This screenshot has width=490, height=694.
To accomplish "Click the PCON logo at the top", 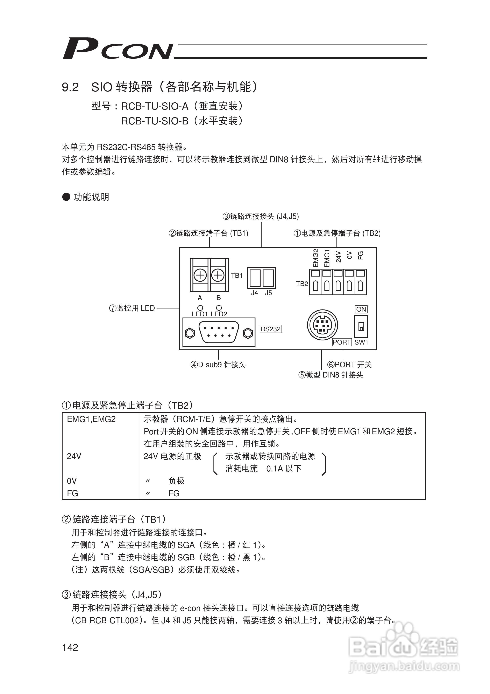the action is (118, 48).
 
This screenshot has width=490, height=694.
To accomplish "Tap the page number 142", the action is (70, 647).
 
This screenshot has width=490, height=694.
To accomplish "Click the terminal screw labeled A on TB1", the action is (200, 275).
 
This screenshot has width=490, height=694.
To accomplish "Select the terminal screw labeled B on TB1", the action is (218, 275).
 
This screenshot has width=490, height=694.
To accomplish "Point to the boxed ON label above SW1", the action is (361, 309).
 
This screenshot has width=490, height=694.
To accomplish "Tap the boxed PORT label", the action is (342, 342).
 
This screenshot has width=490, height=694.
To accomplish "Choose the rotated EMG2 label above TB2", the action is (315, 258).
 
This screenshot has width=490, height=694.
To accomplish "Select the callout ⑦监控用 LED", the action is (132, 308).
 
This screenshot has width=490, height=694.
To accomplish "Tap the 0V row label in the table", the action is (72, 481).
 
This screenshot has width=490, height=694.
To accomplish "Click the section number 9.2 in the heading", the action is (70, 87).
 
